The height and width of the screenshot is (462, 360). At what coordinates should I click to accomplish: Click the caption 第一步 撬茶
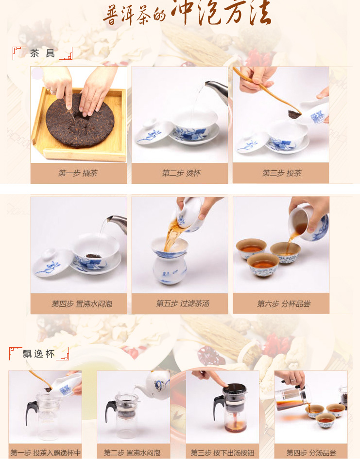pos(78,173)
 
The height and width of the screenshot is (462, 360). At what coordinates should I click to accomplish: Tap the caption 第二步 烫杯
pos(181,173)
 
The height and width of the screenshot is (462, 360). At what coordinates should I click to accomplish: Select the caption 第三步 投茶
pos(282,173)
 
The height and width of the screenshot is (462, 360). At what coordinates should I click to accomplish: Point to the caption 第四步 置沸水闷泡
pos(82,304)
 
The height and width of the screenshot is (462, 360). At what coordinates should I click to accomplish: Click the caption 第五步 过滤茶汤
pos(183,303)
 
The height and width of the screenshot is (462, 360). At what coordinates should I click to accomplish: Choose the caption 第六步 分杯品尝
pos(284,304)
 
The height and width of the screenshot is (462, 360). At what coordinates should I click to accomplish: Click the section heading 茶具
pos(42,53)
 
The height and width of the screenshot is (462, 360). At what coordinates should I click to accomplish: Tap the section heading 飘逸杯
pos(38,354)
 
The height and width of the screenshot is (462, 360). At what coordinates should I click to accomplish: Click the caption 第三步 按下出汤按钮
pos(222,453)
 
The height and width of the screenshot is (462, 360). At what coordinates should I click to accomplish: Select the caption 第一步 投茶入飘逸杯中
pos(46,453)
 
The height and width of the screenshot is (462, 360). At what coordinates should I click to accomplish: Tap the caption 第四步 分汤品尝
pos(311,453)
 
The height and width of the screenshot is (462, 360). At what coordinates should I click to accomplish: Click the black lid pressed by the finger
pos(234,390)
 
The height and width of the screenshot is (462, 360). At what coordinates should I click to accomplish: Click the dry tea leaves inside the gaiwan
pos(94,256)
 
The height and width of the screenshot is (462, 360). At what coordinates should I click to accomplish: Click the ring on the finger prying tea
pos(53,90)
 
